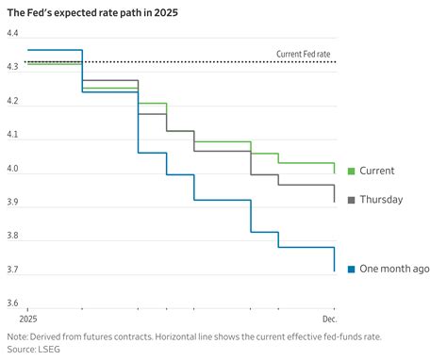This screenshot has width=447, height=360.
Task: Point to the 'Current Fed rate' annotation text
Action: [x=305, y=54]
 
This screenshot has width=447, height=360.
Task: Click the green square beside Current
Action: [x=352, y=171]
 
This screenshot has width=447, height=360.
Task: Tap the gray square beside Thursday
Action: [x=352, y=200]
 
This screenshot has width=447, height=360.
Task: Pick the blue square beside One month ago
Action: [x=352, y=269]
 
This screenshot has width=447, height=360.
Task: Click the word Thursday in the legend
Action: [x=381, y=200]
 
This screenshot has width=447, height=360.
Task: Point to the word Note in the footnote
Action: [x=17, y=335]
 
